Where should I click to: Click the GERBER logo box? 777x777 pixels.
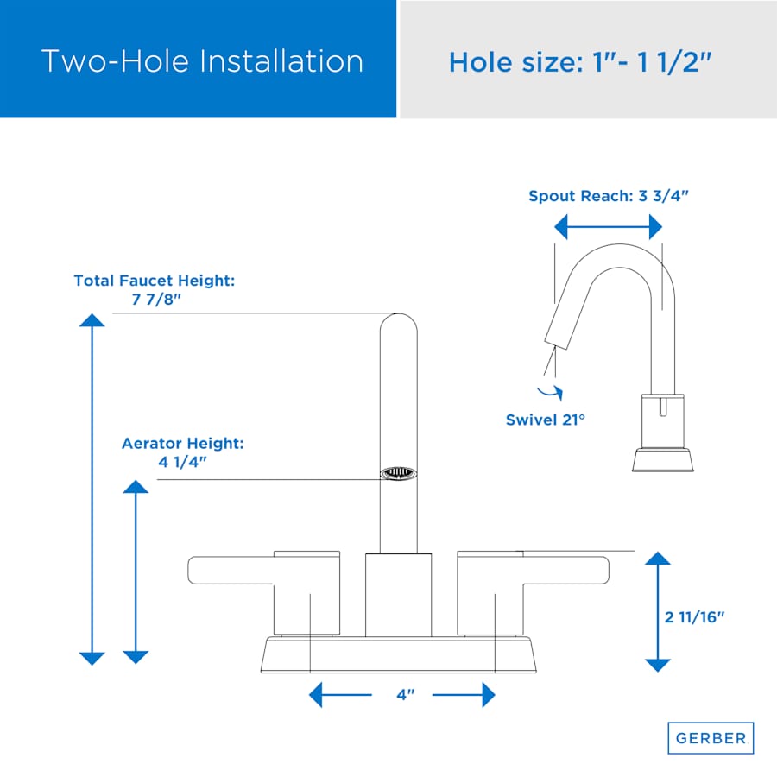pos(711,738)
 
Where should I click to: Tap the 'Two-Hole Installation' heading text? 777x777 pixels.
pos(202,61)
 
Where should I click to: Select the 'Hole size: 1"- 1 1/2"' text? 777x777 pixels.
pos(580,62)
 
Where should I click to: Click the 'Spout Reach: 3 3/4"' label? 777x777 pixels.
pos(609,196)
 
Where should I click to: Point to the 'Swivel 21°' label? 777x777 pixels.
pos(545,420)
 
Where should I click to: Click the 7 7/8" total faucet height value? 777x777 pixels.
pos(156,300)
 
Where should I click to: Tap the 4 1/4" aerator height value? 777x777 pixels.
pos(182,462)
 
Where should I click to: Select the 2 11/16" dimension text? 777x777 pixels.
pos(694,617)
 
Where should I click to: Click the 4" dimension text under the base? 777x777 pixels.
pos(406,695)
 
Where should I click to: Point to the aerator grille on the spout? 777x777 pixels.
pos(398,473)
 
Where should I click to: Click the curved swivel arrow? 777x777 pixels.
pos(551,393)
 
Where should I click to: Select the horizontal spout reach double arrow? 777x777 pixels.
pos(608,227)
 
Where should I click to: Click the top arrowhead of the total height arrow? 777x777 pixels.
pos(92,320)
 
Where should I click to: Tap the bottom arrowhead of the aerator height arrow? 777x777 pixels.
pos(136,658)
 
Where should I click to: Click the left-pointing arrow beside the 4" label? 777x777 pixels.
pos(340,695)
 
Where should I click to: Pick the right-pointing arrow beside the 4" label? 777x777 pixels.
pos(464,695)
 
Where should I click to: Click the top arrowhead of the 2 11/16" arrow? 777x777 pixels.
pos(658,559)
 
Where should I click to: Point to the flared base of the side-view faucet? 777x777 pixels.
pos(662,460)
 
